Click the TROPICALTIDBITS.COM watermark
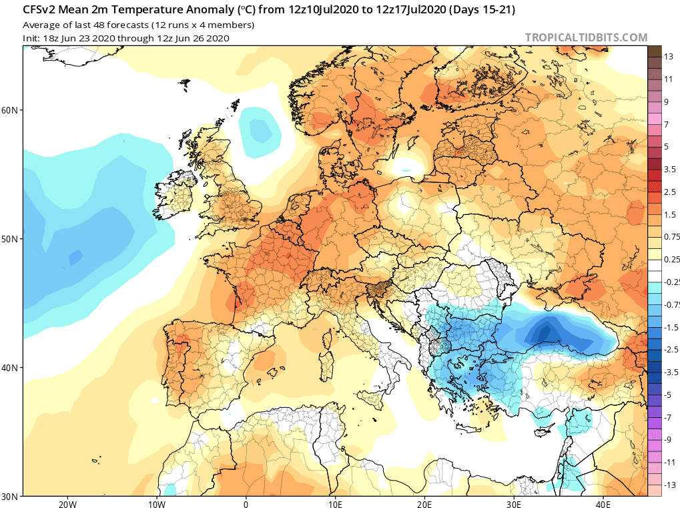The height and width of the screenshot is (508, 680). pos(586,37)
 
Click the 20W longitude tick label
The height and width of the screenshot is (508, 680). pos(65,503)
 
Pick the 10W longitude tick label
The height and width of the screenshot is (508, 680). pos(156,503)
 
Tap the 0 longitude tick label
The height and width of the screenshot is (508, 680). pos(246,503)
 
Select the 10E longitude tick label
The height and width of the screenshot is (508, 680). pos(336,503)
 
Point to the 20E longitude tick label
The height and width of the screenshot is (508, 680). pos(426,503)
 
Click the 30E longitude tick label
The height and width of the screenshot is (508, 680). pos(515,503)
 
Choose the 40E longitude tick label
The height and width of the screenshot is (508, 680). pos(605,503)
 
